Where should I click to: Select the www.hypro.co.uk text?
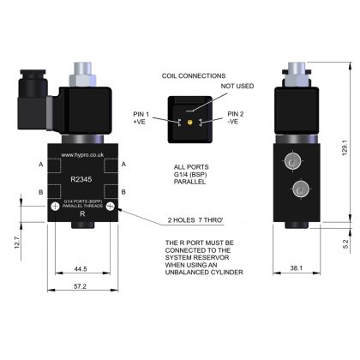click(83, 155)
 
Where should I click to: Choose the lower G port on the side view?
click(300, 190)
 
